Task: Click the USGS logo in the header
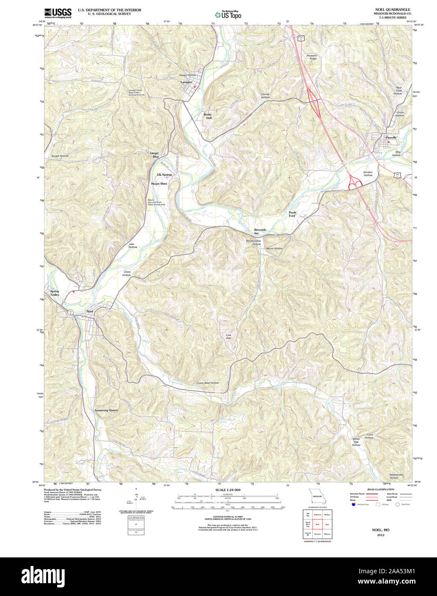pos(58,13)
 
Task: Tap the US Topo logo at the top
pos(228,15)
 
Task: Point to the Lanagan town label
pos(186,82)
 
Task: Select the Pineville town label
pos(391,138)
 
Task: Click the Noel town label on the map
pos(90,311)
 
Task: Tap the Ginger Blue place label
pos(154,155)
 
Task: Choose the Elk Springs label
pos(164,175)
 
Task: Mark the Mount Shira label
pos(159,184)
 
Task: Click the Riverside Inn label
pos(260,231)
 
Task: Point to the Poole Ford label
pos(292,214)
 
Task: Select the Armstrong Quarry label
pos(106,410)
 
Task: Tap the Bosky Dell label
pos(208,116)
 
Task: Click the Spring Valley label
pos(55,293)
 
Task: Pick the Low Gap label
pos(229,337)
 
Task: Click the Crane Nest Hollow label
pos(208,383)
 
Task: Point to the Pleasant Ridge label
pos(312,57)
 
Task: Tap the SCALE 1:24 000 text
pos(228,490)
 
